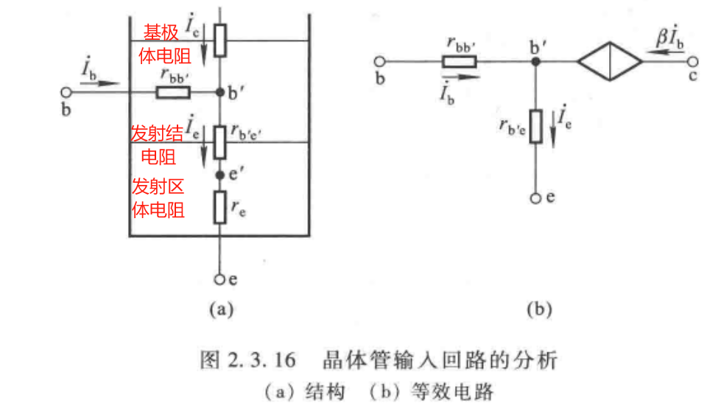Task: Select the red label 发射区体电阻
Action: click(x=158, y=197)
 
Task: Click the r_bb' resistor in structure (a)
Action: click(x=173, y=93)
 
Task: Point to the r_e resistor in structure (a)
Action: click(x=219, y=207)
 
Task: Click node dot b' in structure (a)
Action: click(x=219, y=93)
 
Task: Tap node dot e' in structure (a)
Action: click(x=219, y=175)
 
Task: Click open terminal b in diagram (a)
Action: click(x=66, y=93)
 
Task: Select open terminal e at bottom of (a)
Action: click(x=219, y=279)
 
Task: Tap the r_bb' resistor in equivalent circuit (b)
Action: click(x=460, y=62)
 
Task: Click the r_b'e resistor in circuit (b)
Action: click(x=536, y=125)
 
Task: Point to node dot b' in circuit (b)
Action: click(x=536, y=62)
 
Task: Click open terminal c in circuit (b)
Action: click(x=692, y=62)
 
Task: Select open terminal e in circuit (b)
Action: click(x=536, y=197)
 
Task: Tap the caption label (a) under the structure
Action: click(x=219, y=310)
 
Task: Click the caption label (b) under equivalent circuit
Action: click(x=539, y=310)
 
